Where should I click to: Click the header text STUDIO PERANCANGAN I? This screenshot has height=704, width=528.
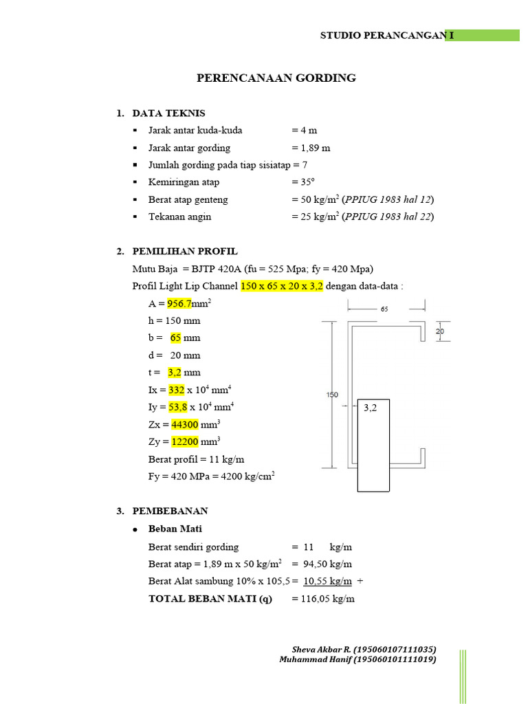(382, 35)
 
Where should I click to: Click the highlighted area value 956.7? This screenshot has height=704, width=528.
(180, 303)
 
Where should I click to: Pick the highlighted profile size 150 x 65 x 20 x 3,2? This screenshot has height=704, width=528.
(282, 286)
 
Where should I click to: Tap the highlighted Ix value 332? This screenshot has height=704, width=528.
(176, 390)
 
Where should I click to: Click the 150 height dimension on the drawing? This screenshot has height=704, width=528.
(331, 395)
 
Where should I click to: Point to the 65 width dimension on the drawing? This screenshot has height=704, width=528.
(384, 309)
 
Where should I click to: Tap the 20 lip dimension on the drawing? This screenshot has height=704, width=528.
(440, 331)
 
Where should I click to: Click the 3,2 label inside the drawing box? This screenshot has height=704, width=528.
(372, 408)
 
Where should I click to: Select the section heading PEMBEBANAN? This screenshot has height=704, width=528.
(170, 511)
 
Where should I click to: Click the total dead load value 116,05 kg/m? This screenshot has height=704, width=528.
(323, 599)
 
